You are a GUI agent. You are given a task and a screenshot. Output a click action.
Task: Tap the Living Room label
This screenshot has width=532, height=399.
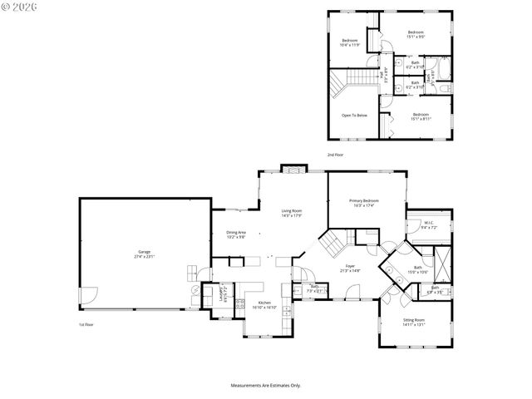pyautogui.click(x=291, y=214)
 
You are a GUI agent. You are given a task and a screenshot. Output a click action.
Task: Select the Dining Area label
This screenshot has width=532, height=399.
pyautogui.click(x=236, y=234)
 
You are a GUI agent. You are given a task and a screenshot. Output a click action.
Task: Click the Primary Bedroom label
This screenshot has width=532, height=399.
pyautogui.click(x=364, y=202)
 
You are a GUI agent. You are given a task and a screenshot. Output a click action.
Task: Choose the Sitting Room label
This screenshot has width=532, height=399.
pyautogui.click(x=413, y=323)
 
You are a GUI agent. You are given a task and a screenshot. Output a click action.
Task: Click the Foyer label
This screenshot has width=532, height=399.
pyautogui.click(x=349, y=268)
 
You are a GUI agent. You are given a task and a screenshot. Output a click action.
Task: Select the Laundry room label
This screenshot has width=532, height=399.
pyautogui.click(x=222, y=293)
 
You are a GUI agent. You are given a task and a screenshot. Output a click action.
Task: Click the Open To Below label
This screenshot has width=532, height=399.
pyautogui.click(x=355, y=115)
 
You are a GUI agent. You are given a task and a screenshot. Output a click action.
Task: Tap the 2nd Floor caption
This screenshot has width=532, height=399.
pyautogui.click(x=335, y=155)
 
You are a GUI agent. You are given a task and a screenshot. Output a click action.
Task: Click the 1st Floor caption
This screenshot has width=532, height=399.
pyautogui.click(x=86, y=324)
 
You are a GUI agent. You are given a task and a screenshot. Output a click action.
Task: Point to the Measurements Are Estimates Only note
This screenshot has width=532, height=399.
pyautogui.click(x=265, y=385)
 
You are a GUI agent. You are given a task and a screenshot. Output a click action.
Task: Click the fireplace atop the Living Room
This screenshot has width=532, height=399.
pyautogui.click(x=293, y=170)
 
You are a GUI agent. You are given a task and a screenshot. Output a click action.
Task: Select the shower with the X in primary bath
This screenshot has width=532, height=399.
pyautogui.click(x=441, y=264)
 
